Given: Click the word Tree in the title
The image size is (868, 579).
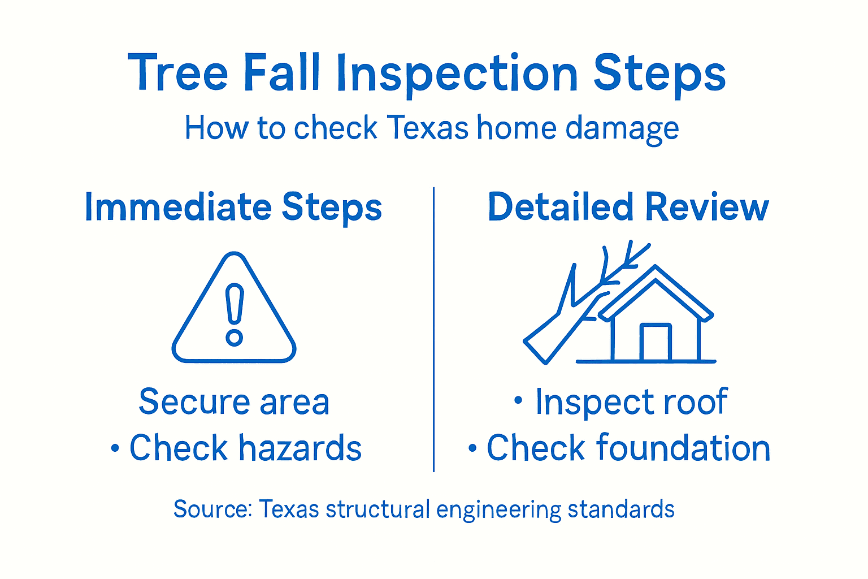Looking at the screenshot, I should (178, 73).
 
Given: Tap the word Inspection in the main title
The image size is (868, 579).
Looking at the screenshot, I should (457, 74).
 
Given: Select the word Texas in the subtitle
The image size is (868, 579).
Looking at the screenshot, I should (428, 128).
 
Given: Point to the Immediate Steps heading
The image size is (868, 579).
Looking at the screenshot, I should (233, 207).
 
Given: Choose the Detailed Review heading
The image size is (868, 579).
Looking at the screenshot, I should (628, 207).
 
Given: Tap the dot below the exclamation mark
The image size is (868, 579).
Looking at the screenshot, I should (234, 338).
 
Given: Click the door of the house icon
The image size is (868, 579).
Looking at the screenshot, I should (656, 343).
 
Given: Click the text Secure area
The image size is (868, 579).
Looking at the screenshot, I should (234, 402).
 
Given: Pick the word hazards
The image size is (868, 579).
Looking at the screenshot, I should (300, 448).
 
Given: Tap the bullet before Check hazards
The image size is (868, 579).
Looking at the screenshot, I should (115, 449).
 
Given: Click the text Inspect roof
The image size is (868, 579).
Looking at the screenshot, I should (631, 402).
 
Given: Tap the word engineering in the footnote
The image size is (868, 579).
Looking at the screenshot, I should (498, 510).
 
